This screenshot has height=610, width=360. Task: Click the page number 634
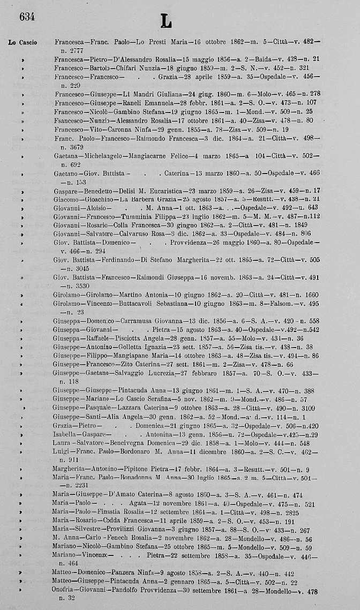pyautogui.click(x=27, y=17)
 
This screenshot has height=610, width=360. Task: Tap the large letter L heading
pyautogui.click(x=166, y=21)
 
